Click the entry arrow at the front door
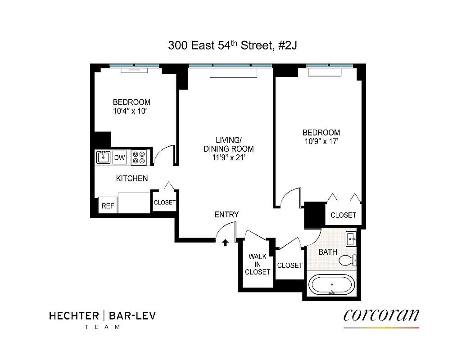tap(225, 243)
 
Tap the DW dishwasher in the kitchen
tap(119, 158)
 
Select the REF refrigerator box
tap(107, 206)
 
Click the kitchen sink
tap(104, 157)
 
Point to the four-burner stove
tap(139, 157)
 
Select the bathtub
tap(332, 286)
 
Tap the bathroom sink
tap(351, 239)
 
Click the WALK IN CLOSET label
tap(258, 265)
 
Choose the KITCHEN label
tap(132, 179)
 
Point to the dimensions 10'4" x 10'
tap(131, 111)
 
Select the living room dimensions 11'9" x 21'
tap(228, 157)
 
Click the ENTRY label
tap(226, 215)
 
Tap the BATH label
tap(328, 252)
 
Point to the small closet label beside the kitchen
tap(164, 202)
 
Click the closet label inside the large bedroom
tap(343, 215)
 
